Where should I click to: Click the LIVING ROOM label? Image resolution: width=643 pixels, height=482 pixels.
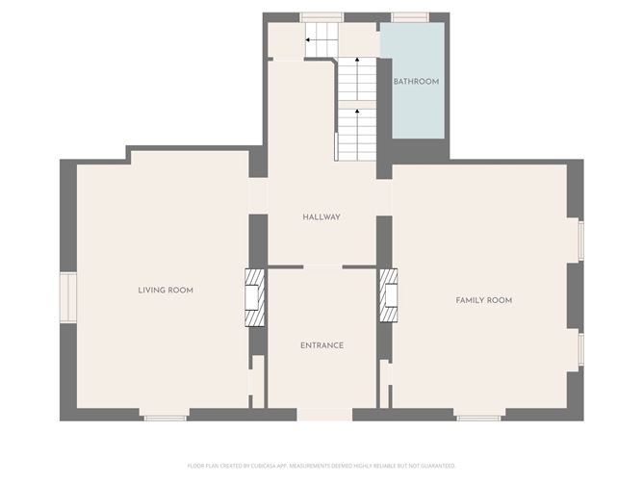(x=166, y=290)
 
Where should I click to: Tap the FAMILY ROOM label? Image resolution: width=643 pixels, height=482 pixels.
(x=483, y=300)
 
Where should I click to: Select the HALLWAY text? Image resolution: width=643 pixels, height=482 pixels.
(x=321, y=216)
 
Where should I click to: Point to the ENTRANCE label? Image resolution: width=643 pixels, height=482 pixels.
(x=321, y=345)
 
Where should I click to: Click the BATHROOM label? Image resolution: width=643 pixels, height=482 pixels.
(x=416, y=82)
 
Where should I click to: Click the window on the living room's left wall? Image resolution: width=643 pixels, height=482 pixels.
(x=67, y=297)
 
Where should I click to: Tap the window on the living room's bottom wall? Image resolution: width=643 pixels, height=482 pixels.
(x=165, y=418)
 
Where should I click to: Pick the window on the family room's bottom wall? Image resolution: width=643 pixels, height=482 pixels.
(x=478, y=418)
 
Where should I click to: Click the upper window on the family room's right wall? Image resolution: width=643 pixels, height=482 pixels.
(x=580, y=240)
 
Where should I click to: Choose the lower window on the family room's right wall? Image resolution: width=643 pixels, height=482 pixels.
(x=580, y=349)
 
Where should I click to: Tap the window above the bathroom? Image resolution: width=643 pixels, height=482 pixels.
(x=409, y=16)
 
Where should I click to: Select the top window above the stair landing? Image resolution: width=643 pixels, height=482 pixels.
(x=321, y=16)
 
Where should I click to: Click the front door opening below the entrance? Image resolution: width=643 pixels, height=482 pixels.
(x=323, y=415)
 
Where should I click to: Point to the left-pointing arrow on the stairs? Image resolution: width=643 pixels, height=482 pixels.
(x=308, y=40)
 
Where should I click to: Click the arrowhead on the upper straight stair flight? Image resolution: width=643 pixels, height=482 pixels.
(x=357, y=62)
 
